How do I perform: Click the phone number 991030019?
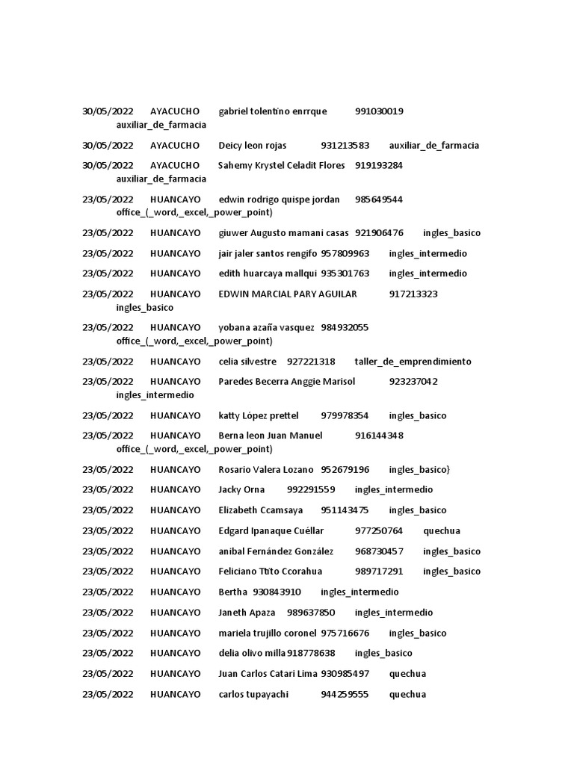[x=379, y=111]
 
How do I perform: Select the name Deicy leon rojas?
[x=252, y=145]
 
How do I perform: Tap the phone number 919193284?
[x=379, y=165]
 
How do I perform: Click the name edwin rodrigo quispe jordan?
[x=279, y=199]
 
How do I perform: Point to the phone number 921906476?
[x=379, y=233]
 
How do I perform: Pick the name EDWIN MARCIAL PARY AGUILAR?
[x=288, y=294]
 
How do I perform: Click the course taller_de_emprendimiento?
[x=413, y=362]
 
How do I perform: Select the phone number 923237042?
[x=413, y=382]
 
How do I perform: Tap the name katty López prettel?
[x=258, y=415]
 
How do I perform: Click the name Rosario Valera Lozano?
[x=265, y=470]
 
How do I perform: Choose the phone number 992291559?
[x=311, y=490]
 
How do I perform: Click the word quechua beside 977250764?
[x=442, y=531]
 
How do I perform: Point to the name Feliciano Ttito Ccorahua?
[x=270, y=572]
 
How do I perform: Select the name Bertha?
[x=232, y=592]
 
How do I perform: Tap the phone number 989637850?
[x=311, y=613]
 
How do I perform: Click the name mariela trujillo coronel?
[x=267, y=634]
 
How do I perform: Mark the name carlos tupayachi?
[x=248, y=694]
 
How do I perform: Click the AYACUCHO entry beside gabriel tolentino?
[x=175, y=111]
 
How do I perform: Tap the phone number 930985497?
[x=345, y=674]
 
